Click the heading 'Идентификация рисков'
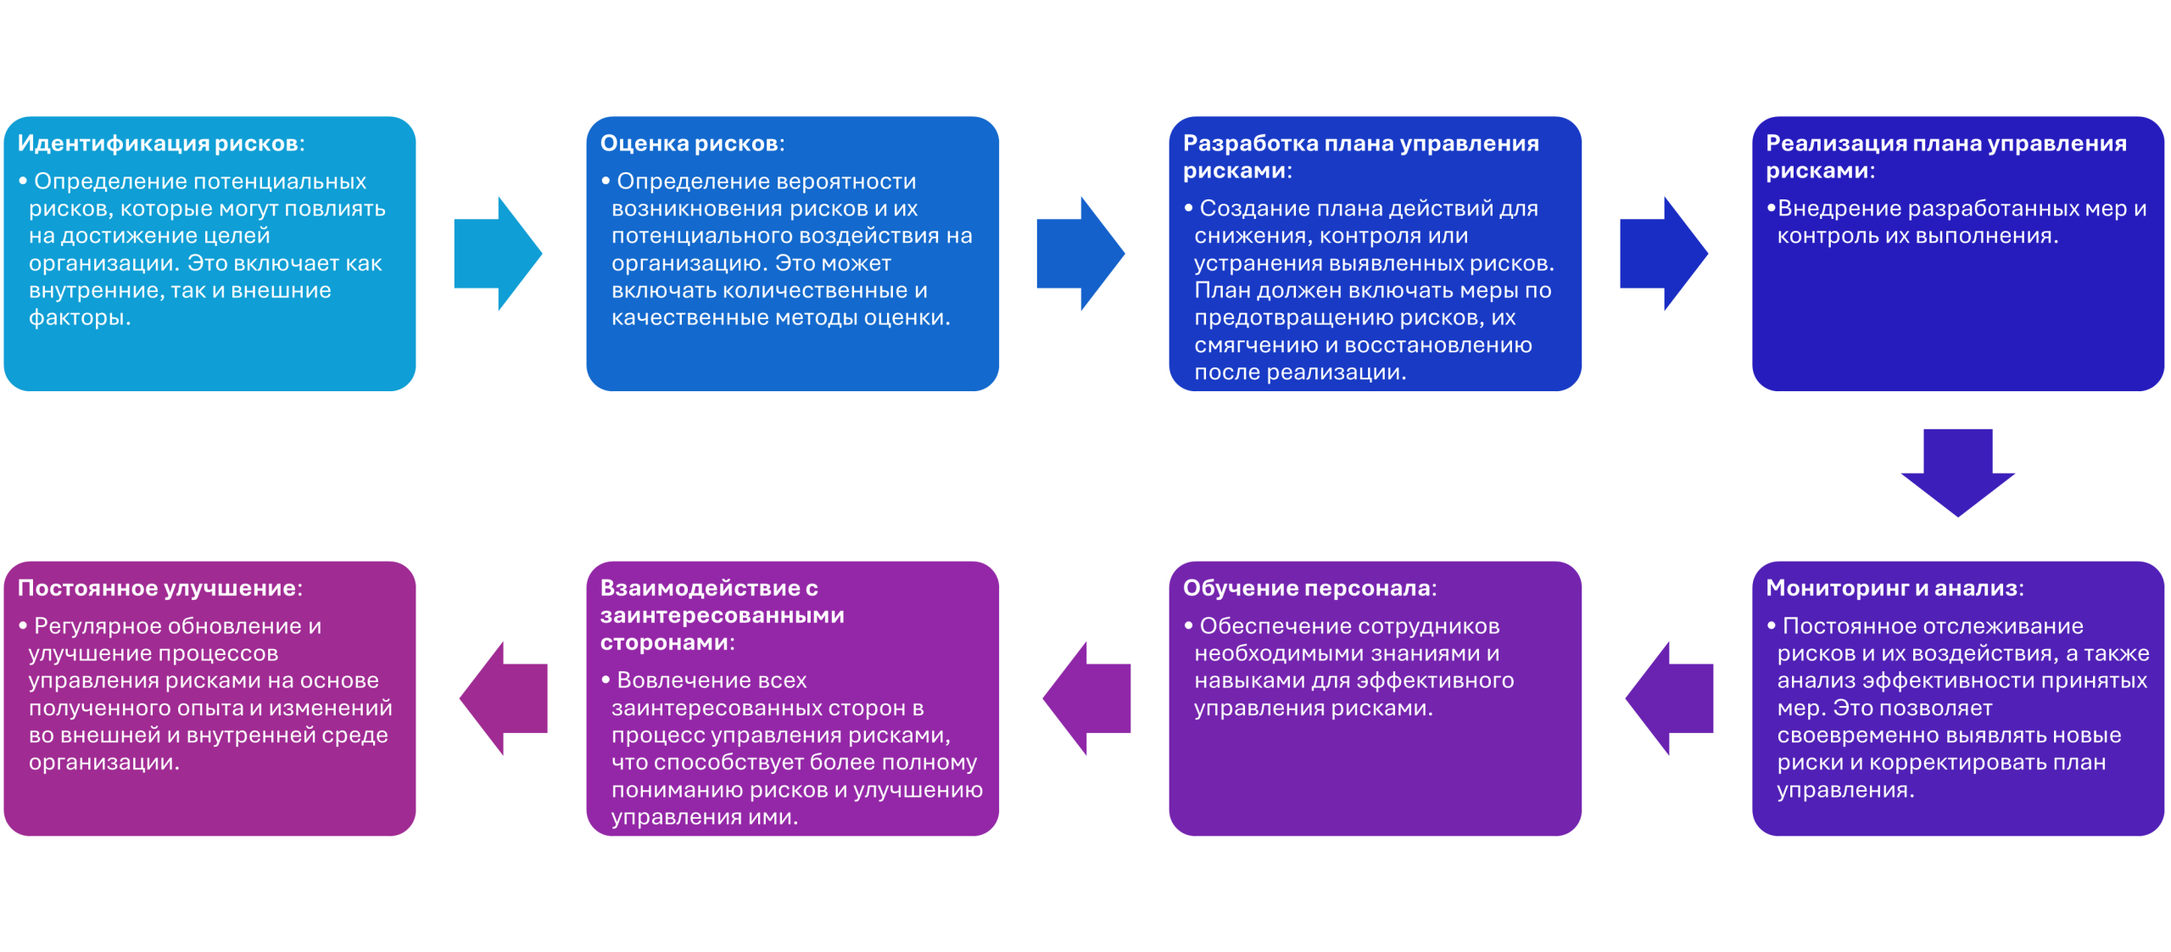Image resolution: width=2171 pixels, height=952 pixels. tap(158, 143)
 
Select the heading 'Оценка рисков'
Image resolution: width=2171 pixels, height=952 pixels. tap(689, 143)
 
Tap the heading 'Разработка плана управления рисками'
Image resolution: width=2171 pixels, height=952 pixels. tap(1360, 156)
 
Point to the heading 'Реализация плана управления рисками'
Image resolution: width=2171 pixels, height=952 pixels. tap(1945, 156)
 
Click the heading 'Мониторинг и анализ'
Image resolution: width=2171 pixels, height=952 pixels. tap(1892, 588)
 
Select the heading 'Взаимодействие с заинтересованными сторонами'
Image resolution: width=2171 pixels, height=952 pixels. tap(722, 615)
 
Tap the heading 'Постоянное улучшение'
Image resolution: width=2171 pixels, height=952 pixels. tap(157, 588)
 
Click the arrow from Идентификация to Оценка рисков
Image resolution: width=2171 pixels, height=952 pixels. tap(498, 253)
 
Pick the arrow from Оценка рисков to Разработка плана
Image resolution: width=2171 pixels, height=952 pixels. tap(1080, 253)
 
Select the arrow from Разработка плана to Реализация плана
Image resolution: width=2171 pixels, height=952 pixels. tap(1664, 253)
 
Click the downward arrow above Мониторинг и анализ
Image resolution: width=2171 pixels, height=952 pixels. tap(1957, 472)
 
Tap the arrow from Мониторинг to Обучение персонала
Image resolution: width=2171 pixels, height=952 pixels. tap(1670, 698)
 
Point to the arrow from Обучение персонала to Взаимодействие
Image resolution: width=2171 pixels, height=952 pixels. tap(1087, 698)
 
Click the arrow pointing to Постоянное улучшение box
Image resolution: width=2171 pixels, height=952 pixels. tap(504, 698)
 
